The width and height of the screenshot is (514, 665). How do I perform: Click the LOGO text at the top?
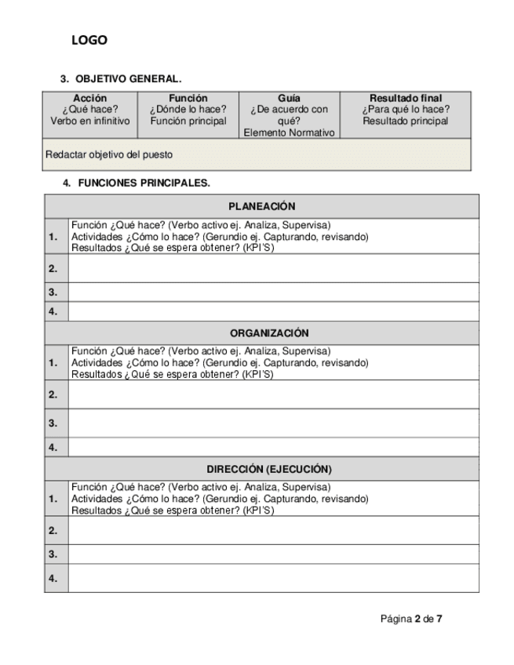89,41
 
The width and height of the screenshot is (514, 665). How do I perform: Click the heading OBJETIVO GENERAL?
128,79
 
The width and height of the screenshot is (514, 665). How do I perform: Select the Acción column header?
89,98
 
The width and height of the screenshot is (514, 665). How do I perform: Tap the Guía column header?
289,98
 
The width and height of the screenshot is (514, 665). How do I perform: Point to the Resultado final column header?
406,98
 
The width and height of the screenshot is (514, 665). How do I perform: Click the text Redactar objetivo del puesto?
109,154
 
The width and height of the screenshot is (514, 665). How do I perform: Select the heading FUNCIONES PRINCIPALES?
144,183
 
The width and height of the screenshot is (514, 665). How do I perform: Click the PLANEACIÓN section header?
261,206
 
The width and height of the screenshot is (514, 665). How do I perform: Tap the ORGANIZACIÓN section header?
269,333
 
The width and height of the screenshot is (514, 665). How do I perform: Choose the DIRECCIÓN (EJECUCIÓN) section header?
269,469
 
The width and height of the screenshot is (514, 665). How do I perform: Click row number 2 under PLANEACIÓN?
53,268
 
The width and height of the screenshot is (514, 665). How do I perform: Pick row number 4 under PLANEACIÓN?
53,311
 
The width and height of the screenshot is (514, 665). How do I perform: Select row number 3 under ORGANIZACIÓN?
53,423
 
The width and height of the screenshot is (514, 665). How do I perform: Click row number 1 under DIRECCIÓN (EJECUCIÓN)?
53,499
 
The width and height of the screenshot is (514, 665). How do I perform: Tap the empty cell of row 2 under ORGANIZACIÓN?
273,394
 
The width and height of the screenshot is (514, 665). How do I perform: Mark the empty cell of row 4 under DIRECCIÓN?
273,579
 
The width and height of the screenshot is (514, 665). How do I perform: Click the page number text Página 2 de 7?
411,619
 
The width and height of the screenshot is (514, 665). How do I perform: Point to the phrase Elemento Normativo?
289,133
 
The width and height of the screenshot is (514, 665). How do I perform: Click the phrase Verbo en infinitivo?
89,121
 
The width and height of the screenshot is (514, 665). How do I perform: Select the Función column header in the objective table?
188,98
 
